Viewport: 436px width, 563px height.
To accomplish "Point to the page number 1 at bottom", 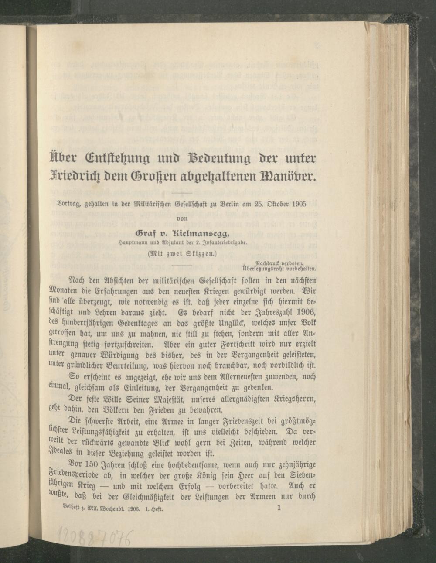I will coord(279,508).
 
